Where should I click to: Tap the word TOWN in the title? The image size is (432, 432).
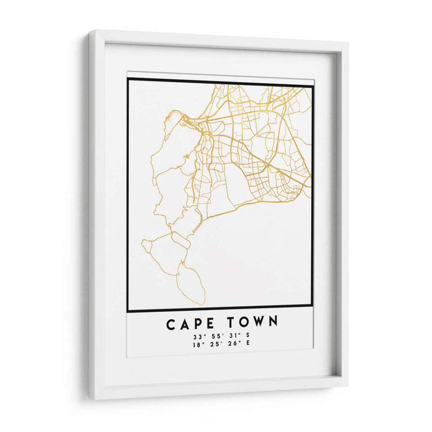pyautogui.click(x=253, y=322)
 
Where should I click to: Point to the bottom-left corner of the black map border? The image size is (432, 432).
pyautogui.click(x=127, y=311)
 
